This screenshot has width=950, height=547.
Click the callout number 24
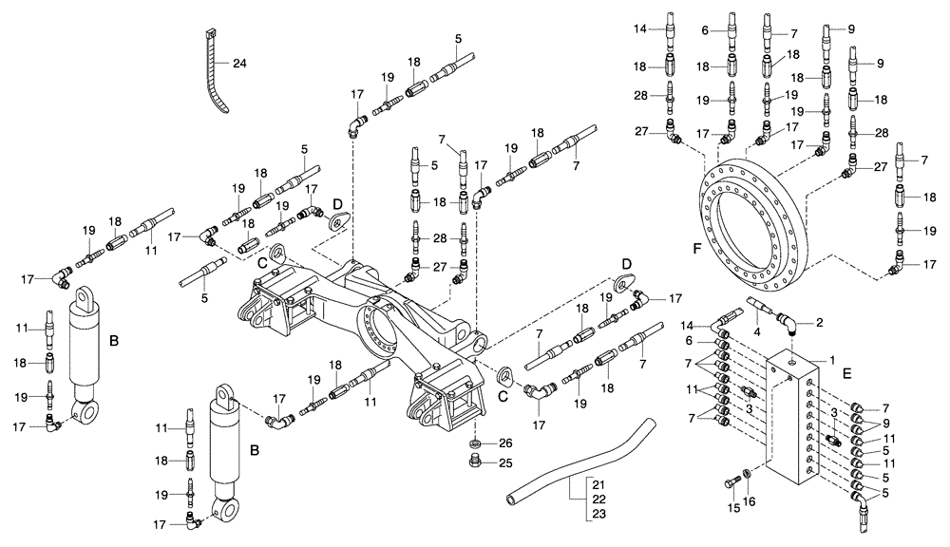pos(238,65)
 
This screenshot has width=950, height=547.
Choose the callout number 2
pos(818,323)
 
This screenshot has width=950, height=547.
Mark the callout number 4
pos(758,332)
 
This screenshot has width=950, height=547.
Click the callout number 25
pos(505,462)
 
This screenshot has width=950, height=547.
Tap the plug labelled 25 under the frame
pos(475,462)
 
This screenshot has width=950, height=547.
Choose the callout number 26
pos(505,443)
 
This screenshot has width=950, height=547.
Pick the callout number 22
pos(599,500)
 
